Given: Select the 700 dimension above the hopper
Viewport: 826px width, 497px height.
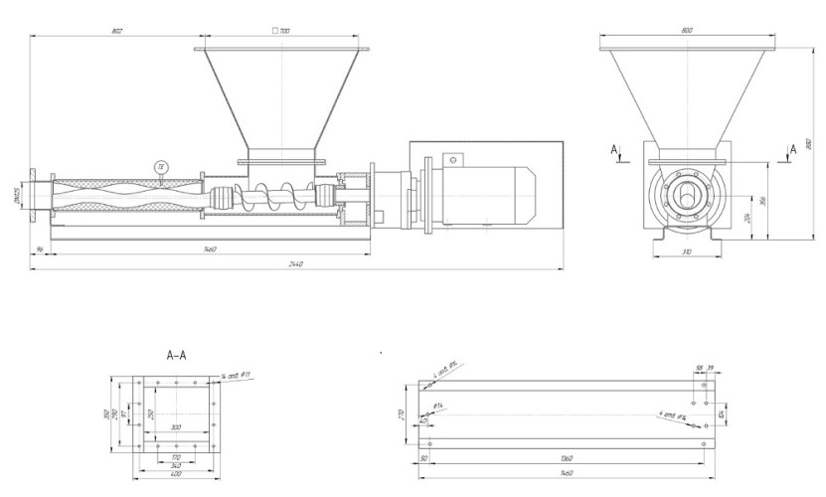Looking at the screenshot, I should coord(282,32).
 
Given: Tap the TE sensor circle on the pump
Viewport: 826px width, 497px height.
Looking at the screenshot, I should coord(161,166).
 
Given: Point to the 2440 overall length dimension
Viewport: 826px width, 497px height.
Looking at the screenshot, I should coord(295,264).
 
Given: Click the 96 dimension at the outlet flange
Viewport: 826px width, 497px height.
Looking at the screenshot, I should coord(37,248).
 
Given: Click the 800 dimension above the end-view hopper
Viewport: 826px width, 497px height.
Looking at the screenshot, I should coord(685,32).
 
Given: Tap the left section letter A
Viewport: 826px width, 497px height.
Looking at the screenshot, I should coord(615,149).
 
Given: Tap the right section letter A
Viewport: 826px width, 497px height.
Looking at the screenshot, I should coord(792,149).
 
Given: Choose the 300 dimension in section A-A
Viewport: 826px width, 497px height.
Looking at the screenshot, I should coord(176,426).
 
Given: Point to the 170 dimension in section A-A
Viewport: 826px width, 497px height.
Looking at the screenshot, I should coord(176,456).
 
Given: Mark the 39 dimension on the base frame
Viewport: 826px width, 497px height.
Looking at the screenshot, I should coord(711,367).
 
